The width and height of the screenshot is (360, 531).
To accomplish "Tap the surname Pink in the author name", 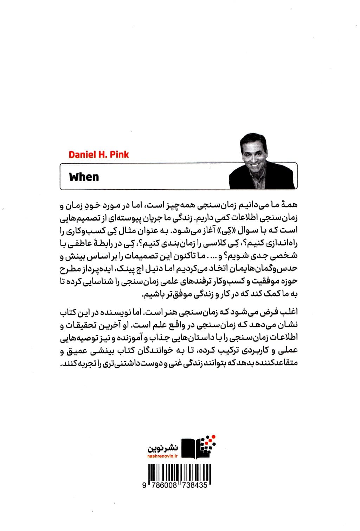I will (x=120, y=154).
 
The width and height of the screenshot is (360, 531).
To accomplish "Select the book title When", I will (x=84, y=177).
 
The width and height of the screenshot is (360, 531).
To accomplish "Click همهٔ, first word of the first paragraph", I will (x=290, y=205).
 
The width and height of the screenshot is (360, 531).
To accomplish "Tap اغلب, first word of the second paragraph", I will (x=290, y=313).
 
